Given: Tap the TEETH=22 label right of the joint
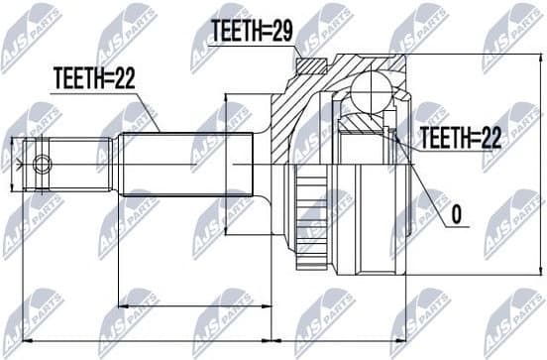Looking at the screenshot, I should (x=459, y=139).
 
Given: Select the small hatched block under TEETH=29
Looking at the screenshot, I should (x=311, y=67).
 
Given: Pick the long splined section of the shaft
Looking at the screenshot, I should (x=188, y=164).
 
